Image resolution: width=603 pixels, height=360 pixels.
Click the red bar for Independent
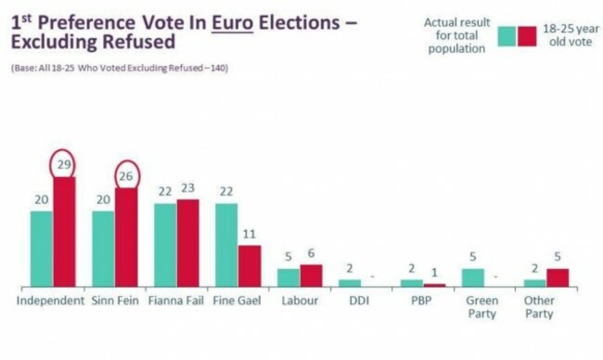[65, 232]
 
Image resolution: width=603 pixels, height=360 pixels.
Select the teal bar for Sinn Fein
[103, 249]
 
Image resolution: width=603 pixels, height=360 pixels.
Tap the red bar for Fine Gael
[250, 265]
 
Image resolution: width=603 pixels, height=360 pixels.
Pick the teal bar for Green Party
[473, 276]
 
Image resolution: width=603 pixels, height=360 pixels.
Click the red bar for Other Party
[558, 276]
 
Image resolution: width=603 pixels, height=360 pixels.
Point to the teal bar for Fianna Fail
[164, 244]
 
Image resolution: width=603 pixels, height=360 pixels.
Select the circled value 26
[126, 174]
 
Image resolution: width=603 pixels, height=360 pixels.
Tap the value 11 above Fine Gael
[250, 235]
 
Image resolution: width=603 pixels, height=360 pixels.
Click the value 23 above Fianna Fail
[188, 188]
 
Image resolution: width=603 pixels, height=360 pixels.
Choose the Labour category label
[299, 301]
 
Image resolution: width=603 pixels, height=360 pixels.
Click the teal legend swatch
[506, 35]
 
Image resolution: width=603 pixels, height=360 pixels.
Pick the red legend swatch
[528, 35]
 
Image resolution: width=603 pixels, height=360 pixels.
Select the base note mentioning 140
[122, 69]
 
